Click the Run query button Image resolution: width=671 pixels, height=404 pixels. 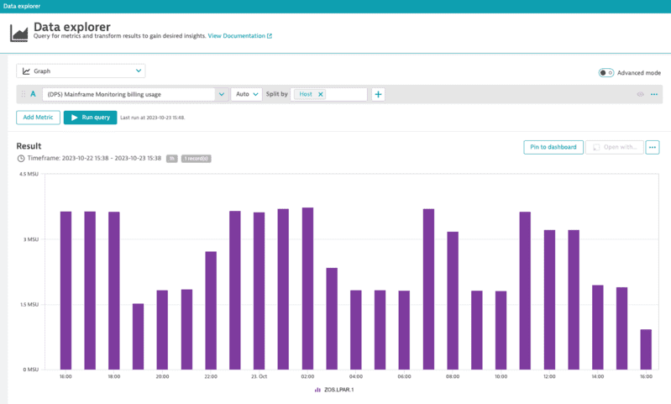90,118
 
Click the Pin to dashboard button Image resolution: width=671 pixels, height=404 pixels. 553,147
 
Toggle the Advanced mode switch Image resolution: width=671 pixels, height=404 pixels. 605,73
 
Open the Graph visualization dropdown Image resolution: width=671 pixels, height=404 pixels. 81,71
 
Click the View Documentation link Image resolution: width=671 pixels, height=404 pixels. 239,36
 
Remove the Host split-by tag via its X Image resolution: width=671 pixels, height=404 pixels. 320,94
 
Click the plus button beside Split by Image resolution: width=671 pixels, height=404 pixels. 378,94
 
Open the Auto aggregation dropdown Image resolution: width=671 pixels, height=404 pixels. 246,94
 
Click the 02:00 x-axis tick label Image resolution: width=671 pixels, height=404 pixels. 307,376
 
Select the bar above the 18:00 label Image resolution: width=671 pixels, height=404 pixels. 114,290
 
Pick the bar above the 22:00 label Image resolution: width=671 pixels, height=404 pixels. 211,310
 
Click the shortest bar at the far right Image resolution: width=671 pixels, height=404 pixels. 646,349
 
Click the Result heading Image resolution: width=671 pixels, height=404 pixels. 29,146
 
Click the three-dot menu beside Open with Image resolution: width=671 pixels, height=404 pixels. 653,147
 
